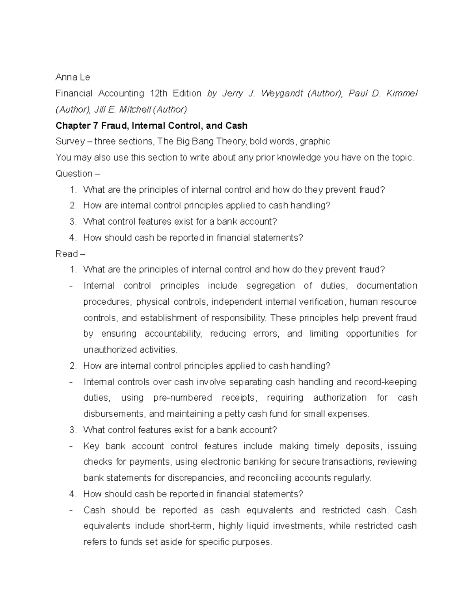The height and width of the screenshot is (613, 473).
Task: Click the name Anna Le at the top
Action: click(73, 77)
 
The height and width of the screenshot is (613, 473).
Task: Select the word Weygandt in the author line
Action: click(282, 94)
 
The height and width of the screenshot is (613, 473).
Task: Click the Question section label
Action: click(74, 174)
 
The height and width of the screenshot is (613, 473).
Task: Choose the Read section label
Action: click(67, 254)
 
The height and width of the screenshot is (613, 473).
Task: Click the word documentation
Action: click(387, 286)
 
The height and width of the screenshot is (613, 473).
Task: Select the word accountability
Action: click(173, 334)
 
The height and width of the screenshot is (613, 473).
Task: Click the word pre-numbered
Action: click(182, 398)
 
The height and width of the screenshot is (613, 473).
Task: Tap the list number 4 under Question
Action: click(72, 238)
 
